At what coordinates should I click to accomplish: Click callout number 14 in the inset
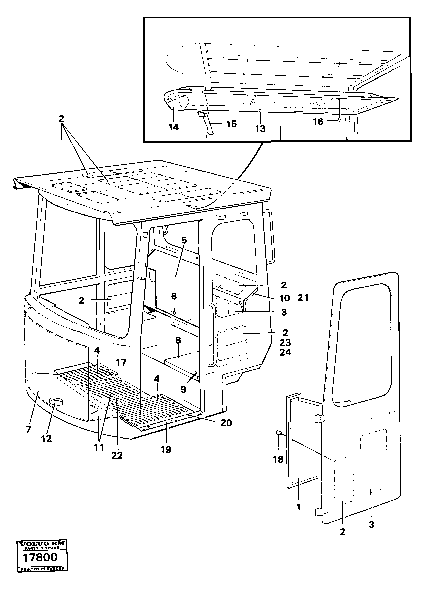click(174, 127)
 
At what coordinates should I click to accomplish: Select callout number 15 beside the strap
click(231, 124)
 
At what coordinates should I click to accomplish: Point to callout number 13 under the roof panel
click(260, 129)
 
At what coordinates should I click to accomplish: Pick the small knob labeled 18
click(279, 433)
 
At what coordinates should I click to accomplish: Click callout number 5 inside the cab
click(184, 240)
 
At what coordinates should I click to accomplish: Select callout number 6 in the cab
click(174, 297)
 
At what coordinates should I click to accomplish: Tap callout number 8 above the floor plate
click(178, 340)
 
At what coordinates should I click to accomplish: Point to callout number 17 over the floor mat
click(121, 362)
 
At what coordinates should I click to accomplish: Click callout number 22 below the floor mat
click(117, 455)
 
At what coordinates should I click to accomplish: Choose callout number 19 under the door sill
click(166, 450)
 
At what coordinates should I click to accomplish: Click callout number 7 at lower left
click(28, 429)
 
